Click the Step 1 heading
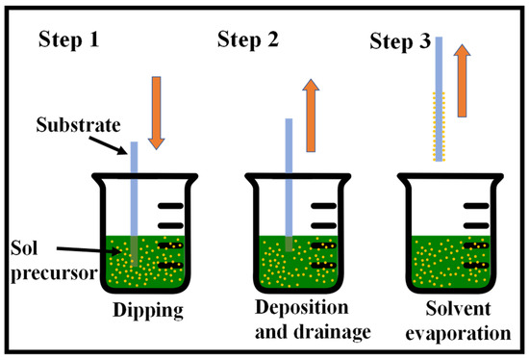69,39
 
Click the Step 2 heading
248,39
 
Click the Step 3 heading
400,42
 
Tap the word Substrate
78,125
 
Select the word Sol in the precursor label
24,248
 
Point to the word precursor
54,272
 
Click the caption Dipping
148,310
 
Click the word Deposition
302,308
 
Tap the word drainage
333,332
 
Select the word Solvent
458,308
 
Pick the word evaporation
458,333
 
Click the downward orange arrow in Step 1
156,114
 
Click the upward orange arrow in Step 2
311,116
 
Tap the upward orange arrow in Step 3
463,81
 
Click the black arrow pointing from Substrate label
108,145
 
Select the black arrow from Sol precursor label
88,250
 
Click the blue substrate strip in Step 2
289,185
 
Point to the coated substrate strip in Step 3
439,99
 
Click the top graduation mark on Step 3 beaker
476,206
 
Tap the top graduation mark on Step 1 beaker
170,206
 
